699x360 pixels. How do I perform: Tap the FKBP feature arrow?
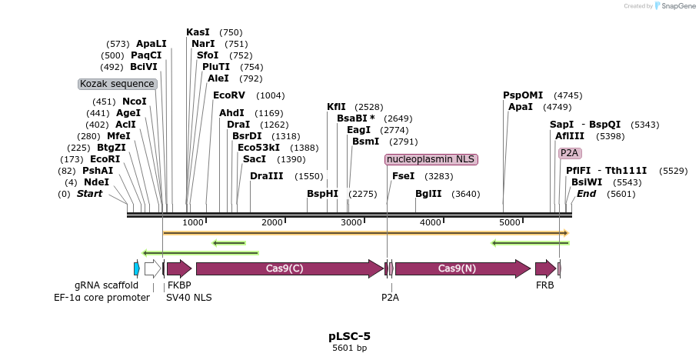tap(179, 268)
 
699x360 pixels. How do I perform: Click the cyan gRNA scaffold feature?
tap(136, 268)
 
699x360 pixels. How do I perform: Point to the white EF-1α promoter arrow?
tap(152, 268)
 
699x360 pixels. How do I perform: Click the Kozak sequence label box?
tap(118, 84)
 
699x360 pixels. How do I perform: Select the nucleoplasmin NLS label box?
tap(431, 159)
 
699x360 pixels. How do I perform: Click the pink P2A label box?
tap(570, 153)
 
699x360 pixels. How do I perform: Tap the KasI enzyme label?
tap(198, 32)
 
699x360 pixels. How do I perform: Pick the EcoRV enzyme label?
tap(228, 95)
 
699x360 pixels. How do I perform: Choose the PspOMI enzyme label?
tap(523, 95)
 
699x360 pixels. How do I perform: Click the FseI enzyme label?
tap(403, 176)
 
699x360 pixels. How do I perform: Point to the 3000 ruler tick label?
tap(351, 222)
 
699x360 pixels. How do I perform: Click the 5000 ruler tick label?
tap(511, 222)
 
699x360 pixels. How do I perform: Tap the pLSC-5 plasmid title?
tap(349, 336)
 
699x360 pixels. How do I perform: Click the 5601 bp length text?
tap(349, 348)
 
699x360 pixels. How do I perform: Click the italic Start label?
tap(89, 194)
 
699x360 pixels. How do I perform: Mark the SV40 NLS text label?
tap(189, 297)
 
